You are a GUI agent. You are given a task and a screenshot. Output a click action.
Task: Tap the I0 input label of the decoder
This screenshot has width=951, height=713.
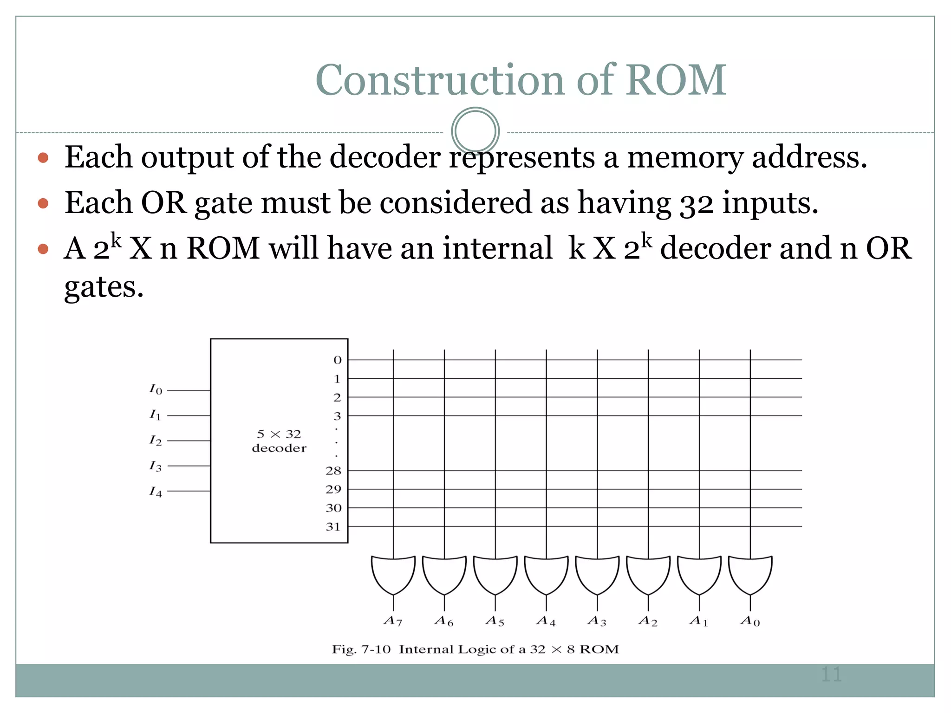tap(156, 389)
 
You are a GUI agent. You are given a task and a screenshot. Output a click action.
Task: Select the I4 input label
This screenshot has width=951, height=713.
tap(156, 492)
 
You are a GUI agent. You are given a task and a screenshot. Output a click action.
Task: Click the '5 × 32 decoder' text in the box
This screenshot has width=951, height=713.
tap(279, 441)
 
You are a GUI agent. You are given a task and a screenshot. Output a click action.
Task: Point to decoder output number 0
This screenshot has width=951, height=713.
tap(338, 360)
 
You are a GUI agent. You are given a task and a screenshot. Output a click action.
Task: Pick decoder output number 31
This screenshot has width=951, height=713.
tap(333, 527)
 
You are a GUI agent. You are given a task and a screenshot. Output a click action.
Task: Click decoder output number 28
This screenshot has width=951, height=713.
tap(333, 471)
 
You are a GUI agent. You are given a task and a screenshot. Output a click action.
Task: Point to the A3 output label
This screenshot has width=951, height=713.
tap(597, 621)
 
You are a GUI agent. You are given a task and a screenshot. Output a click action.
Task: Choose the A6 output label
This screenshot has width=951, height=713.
tap(444, 621)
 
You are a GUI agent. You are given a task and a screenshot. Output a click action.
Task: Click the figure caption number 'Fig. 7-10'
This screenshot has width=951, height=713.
tap(361, 649)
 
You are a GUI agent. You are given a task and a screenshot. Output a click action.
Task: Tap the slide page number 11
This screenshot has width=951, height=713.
tap(831, 674)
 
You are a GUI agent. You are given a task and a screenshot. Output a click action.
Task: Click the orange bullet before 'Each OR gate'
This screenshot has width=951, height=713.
tap(43, 203)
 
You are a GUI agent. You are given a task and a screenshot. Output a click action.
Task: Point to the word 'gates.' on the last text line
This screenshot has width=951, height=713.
tap(104, 287)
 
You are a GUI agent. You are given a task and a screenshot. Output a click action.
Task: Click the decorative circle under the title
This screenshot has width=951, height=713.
tap(475, 131)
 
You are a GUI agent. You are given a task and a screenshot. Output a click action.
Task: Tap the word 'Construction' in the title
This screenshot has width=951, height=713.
tap(440, 80)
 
